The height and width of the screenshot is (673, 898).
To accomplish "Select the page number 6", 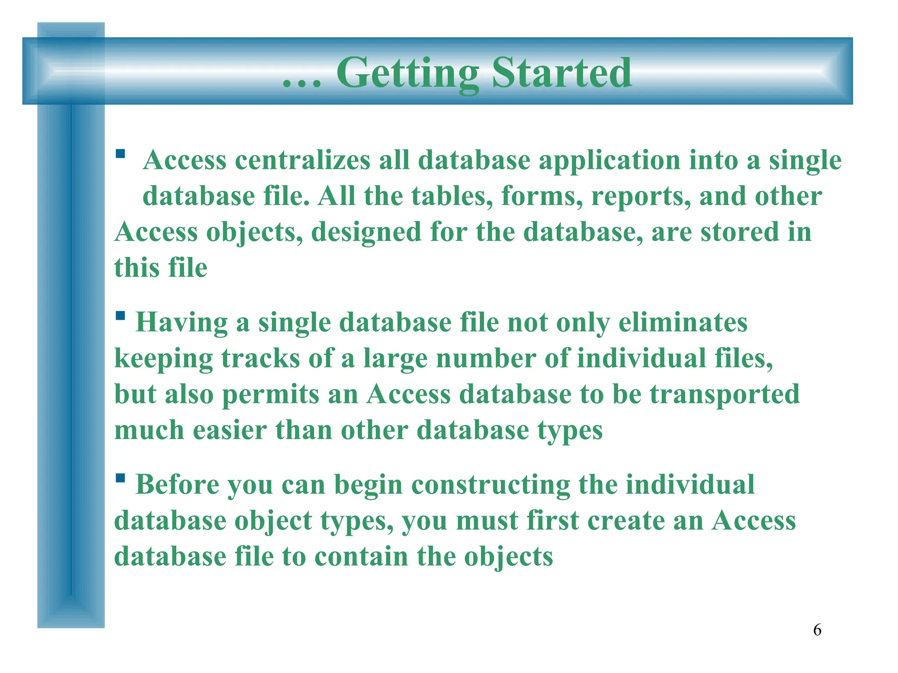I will [x=817, y=630].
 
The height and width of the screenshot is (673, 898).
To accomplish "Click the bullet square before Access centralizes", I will [x=121, y=154].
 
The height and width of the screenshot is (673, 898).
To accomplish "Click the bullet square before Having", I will [x=121, y=315].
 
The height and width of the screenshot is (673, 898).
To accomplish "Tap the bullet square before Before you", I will [x=121, y=478].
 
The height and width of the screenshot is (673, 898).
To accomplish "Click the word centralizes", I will [x=303, y=160].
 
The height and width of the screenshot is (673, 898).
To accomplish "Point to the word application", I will [x=609, y=161].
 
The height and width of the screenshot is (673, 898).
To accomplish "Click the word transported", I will [x=725, y=394].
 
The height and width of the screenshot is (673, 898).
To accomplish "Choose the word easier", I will [x=230, y=430].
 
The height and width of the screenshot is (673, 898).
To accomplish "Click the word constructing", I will [x=491, y=485].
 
